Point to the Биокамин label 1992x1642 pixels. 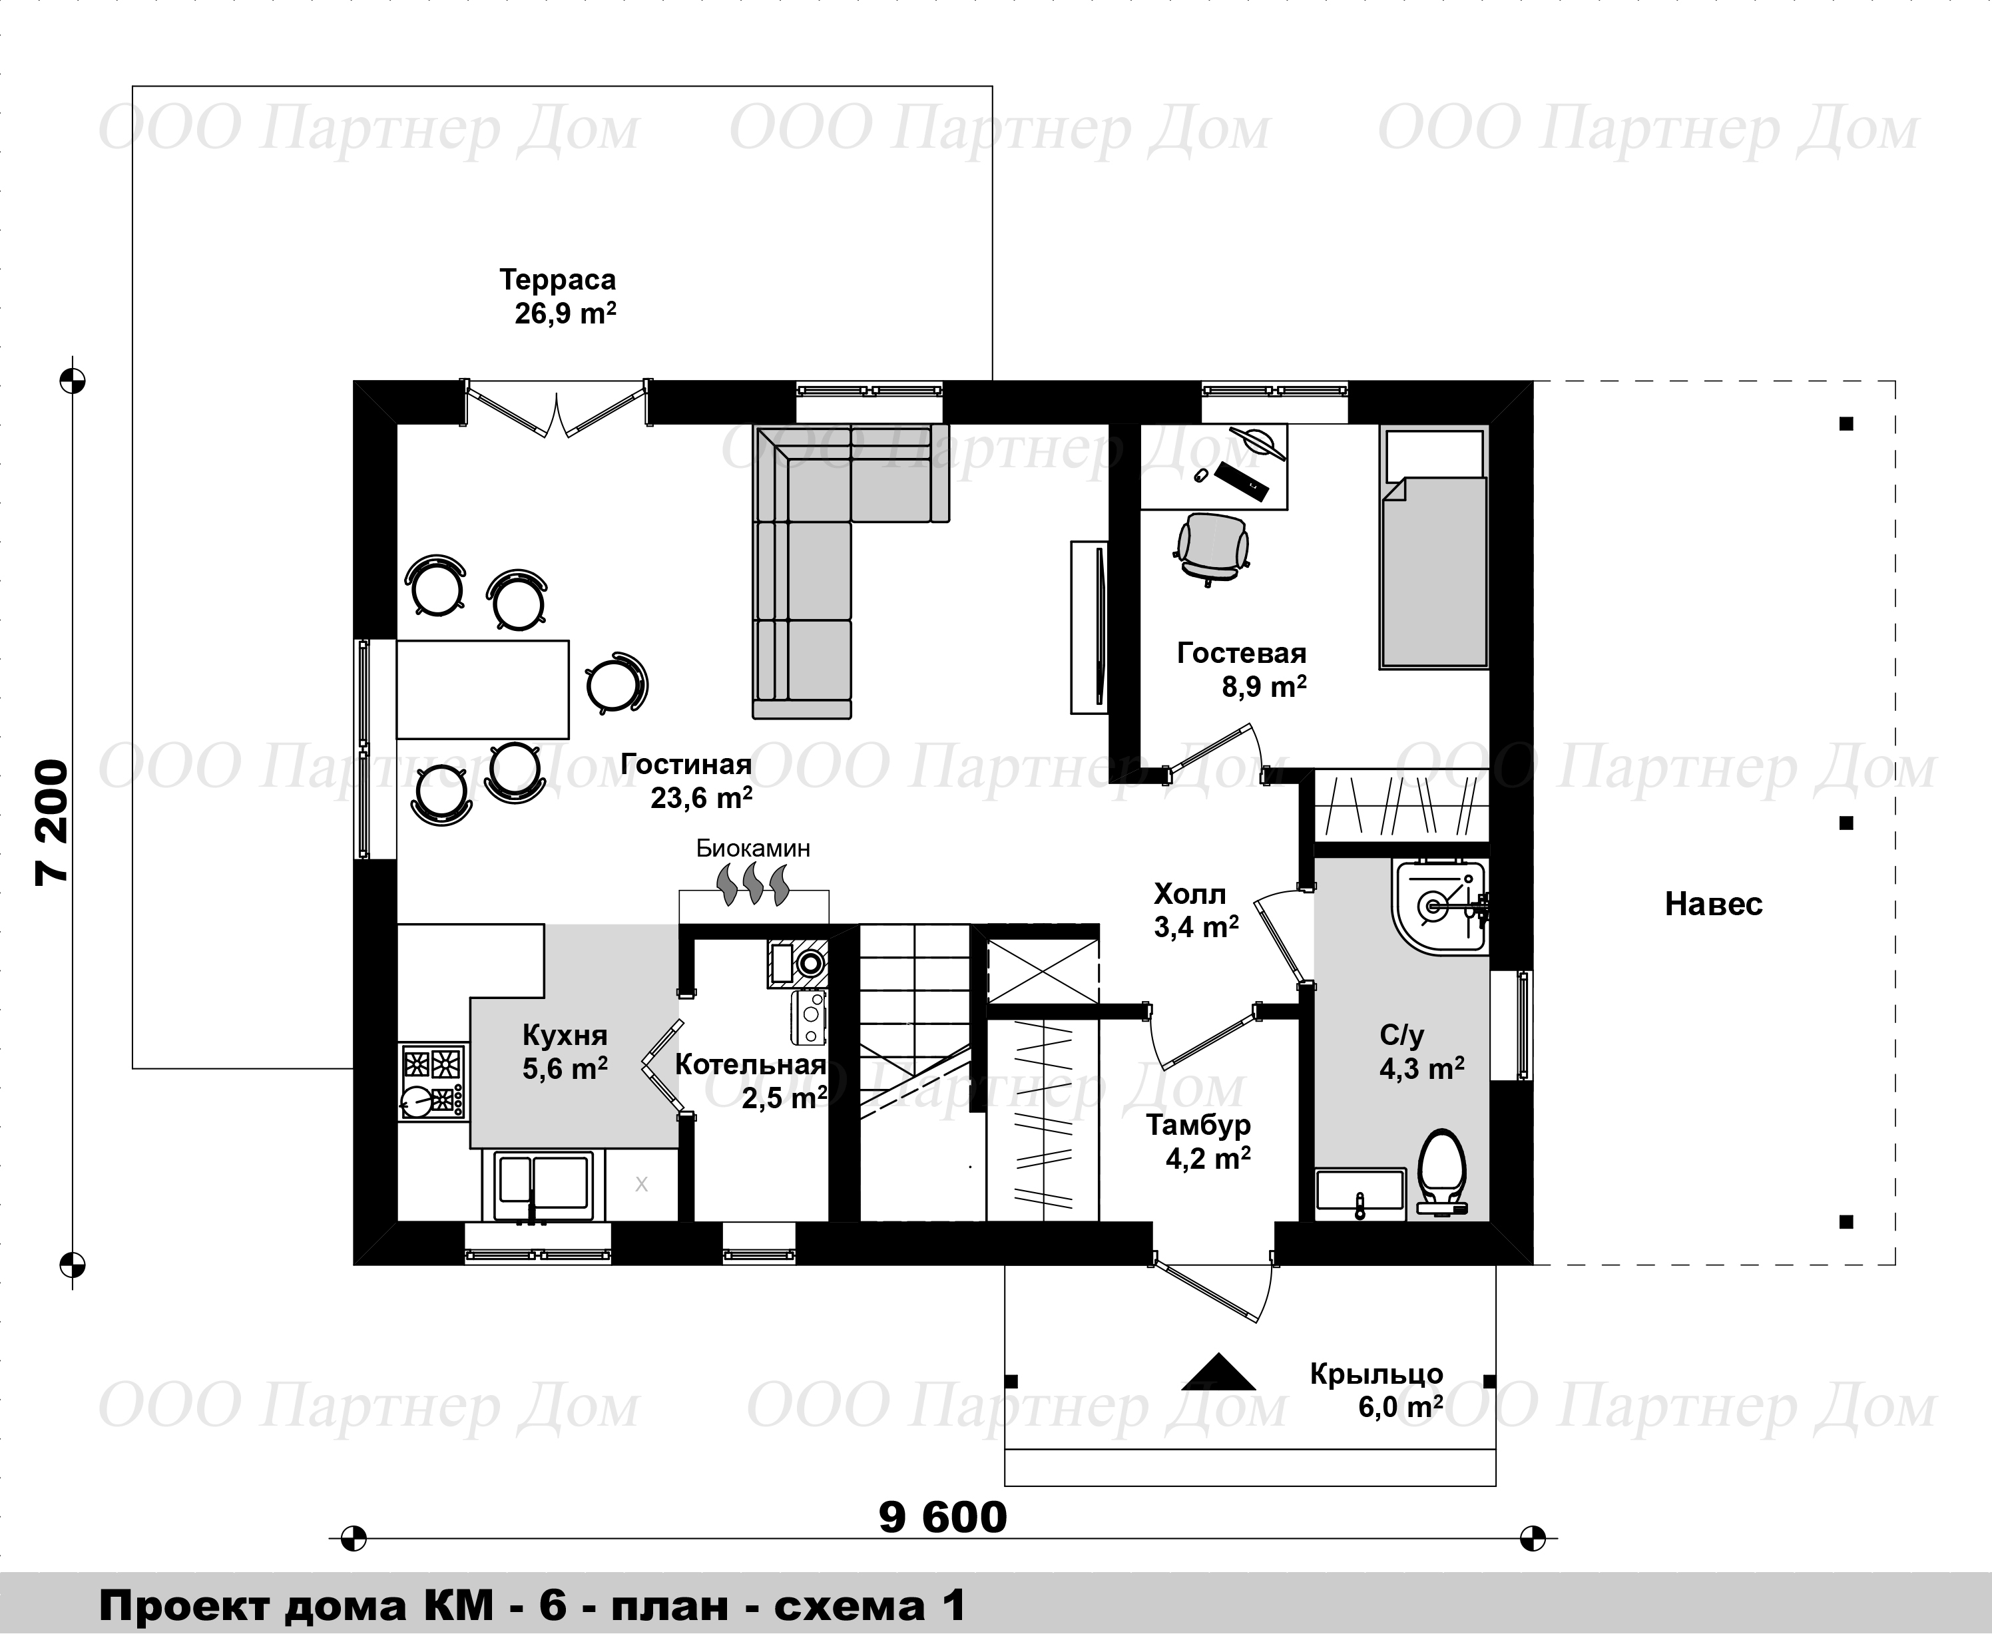click(753, 847)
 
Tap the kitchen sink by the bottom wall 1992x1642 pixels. click(537, 1184)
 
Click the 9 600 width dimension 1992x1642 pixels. click(943, 1519)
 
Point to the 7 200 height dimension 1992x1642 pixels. click(52, 822)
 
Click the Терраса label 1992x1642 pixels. click(558, 280)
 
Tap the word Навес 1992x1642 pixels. click(1714, 905)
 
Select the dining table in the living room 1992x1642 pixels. click(483, 689)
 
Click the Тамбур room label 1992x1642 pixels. click(1198, 1125)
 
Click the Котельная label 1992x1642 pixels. click(751, 1064)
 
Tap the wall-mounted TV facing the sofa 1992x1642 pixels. click(1090, 627)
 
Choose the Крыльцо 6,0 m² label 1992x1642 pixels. click(1377, 1390)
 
